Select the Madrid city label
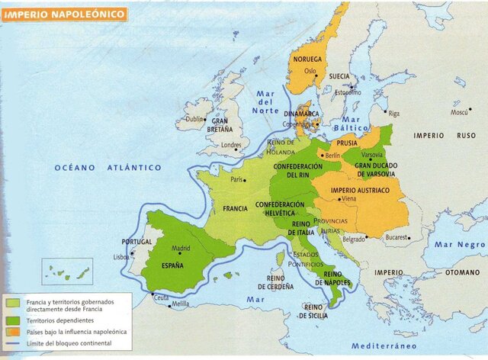(x=180, y=248)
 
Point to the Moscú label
(x=458, y=112)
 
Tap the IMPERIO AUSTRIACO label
(x=360, y=189)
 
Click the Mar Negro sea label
(x=459, y=245)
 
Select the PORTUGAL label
(x=137, y=242)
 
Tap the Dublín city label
(x=194, y=119)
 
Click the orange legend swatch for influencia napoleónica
(x=12, y=332)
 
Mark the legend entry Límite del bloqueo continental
(x=69, y=343)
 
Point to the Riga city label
(x=393, y=113)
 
